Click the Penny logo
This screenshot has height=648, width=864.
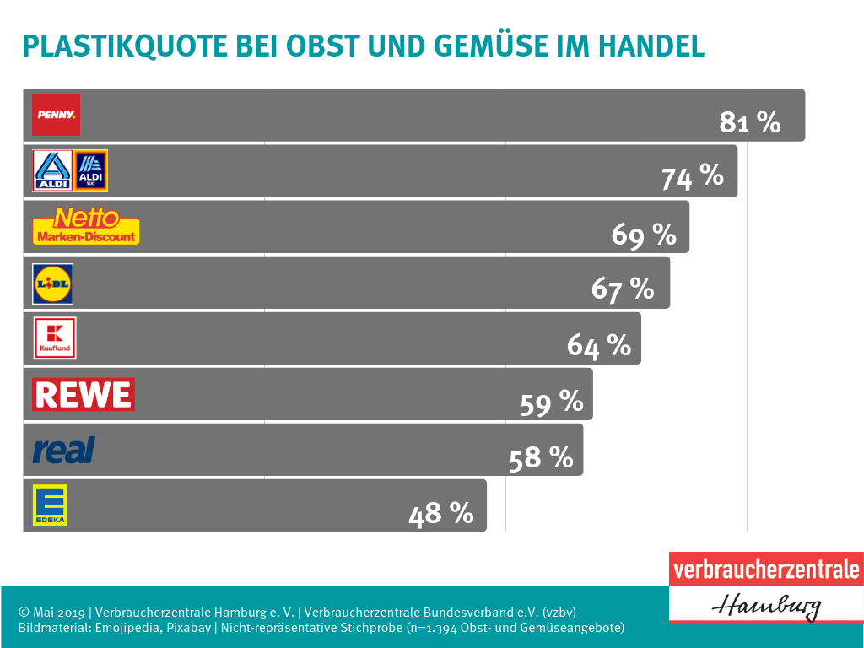pyautogui.click(x=56, y=115)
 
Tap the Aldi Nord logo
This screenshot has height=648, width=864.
pyautogui.click(x=52, y=170)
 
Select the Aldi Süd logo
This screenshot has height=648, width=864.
pyautogui.click(x=91, y=170)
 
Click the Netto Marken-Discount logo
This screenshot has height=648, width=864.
pyautogui.click(x=86, y=226)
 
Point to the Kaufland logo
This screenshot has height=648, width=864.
pyautogui.click(x=54, y=337)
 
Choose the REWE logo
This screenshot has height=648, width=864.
pyautogui.click(x=83, y=394)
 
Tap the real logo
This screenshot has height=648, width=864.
pyautogui.click(x=63, y=450)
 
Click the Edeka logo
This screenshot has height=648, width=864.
pyautogui.click(x=50, y=505)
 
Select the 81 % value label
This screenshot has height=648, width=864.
pyautogui.click(x=750, y=122)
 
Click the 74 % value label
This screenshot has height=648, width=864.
pyautogui.click(x=692, y=177)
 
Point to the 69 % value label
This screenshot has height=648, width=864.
pyautogui.click(x=644, y=235)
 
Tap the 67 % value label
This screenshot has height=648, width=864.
pyautogui.click(x=623, y=289)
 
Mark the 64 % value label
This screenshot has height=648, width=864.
pyautogui.click(x=599, y=345)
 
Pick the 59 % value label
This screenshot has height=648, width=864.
pyautogui.click(x=552, y=402)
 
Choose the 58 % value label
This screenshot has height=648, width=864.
pyautogui.click(x=542, y=458)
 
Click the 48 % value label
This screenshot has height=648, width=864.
pyautogui.click(x=441, y=513)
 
